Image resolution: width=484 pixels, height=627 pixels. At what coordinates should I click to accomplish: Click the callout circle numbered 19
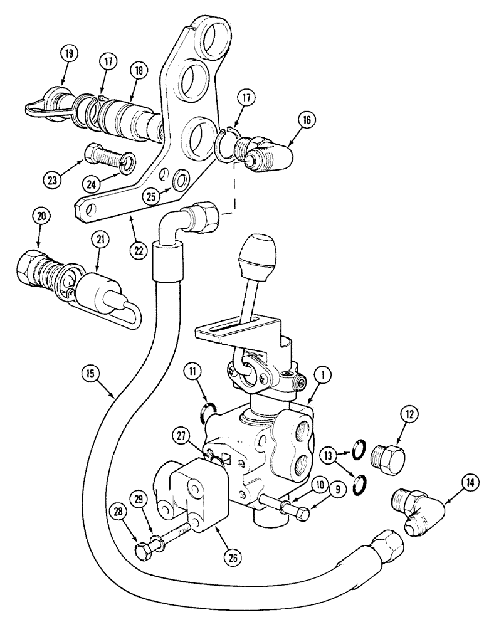69,53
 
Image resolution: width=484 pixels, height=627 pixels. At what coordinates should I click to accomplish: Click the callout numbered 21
100,240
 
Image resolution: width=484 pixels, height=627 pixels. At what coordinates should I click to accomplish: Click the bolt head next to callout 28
144,551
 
